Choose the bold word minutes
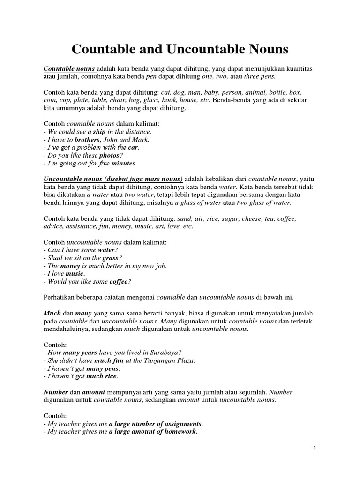123,164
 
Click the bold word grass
111,258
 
